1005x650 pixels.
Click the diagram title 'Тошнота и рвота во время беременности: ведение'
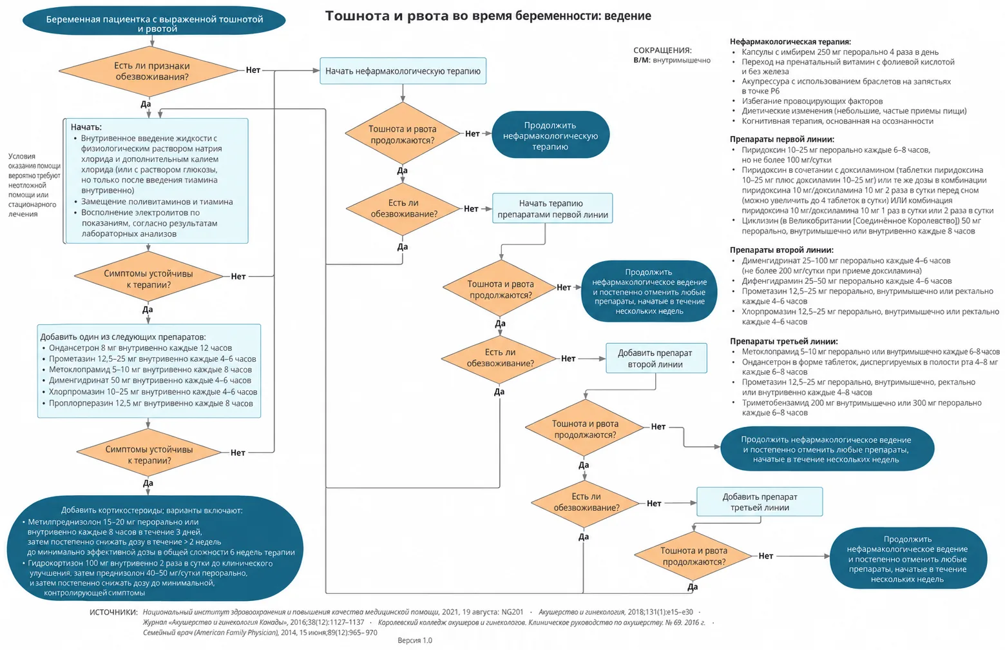488,16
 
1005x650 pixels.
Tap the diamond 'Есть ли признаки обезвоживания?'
149,71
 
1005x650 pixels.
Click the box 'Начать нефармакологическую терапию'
403,71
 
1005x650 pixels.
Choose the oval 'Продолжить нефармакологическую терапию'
551,135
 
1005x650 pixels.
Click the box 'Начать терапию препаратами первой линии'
552,208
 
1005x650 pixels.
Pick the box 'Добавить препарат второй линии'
656,359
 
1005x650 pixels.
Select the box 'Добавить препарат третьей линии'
760,502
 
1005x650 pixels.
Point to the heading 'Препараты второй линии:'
781,250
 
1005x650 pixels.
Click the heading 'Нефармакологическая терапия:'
790,42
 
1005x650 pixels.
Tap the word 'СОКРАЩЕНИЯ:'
663,50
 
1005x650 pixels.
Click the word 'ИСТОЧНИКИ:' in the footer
113,612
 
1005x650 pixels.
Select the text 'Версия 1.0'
415,640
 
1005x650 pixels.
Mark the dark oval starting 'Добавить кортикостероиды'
155,549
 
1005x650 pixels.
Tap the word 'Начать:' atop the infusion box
86,127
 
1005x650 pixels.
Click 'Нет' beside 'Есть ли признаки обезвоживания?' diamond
253,70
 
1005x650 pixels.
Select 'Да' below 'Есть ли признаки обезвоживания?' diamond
146,104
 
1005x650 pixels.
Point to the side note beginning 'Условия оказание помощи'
34,185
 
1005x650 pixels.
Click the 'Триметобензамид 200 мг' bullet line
861,408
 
